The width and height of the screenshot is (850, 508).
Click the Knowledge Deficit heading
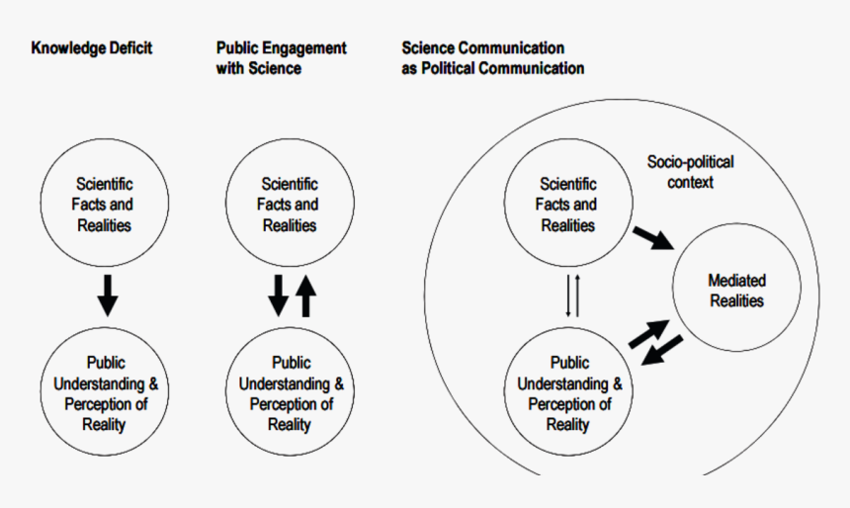[92, 48]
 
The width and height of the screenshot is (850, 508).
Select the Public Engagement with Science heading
[282, 58]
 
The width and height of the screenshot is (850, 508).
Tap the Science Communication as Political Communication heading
[493, 58]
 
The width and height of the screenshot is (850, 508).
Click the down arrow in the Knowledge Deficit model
[108, 296]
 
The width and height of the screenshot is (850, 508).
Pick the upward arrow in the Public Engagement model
[305, 296]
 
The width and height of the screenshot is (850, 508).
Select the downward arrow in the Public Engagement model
[278, 296]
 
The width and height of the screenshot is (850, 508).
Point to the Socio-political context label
[690, 172]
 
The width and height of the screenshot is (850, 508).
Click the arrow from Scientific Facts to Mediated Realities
[653, 238]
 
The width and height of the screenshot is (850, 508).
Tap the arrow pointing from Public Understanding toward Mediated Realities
[648, 334]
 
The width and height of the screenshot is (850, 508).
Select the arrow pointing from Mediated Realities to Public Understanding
[662, 350]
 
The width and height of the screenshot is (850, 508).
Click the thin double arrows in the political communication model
[572, 296]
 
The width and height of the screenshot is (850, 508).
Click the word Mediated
[736, 281]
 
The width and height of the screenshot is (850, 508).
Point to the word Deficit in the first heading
[130, 48]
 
